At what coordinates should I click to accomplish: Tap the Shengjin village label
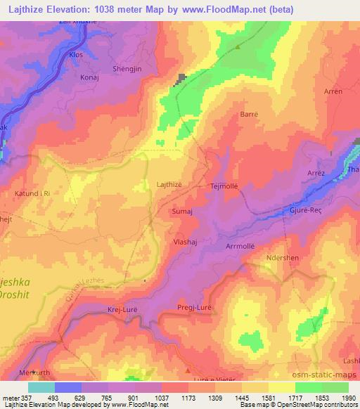(127, 69)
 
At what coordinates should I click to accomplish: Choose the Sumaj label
(182, 210)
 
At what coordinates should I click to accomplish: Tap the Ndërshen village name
(283, 258)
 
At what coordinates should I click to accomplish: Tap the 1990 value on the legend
(348, 398)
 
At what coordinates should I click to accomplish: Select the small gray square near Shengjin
(183, 79)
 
